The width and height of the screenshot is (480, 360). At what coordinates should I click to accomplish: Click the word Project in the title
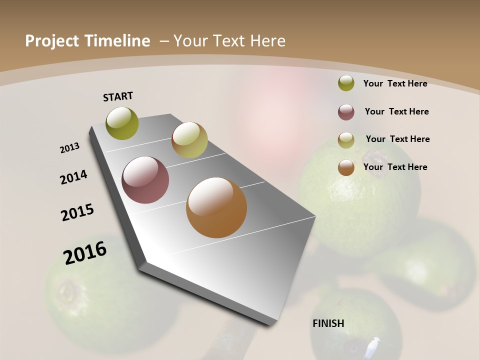(50, 41)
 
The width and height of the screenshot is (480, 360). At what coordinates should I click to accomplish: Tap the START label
(118, 96)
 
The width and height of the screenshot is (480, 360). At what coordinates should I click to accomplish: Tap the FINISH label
(328, 323)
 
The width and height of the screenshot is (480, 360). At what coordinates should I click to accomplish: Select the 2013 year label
(70, 148)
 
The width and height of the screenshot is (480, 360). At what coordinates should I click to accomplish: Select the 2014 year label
(74, 177)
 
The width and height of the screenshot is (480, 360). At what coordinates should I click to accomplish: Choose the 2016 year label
(85, 252)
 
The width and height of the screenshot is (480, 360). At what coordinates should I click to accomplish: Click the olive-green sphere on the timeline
(122, 123)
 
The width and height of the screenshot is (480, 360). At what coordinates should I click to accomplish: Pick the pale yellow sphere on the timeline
(189, 140)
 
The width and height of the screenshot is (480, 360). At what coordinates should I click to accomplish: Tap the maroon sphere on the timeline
(145, 180)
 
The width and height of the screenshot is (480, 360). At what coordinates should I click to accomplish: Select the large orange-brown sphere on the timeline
(216, 207)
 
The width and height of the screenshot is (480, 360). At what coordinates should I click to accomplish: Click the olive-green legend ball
(346, 83)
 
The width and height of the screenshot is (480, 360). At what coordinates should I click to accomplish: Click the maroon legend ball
(346, 112)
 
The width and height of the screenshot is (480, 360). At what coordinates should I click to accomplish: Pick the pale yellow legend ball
(346, 140)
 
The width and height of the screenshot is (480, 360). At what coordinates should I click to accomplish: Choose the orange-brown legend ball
(346, 167)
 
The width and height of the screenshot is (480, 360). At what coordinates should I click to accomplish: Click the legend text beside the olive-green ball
(395, 83)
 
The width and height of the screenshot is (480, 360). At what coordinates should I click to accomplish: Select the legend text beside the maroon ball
(396, 111)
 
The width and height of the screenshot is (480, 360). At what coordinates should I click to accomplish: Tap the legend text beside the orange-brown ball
(395, 167)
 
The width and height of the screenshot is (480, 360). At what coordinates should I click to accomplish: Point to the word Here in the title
(267, 41)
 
